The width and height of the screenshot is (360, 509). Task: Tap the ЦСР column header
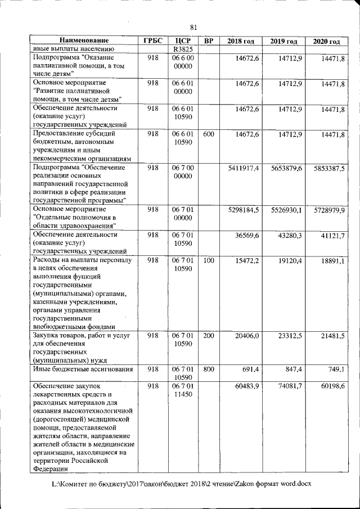[x=183, y=41]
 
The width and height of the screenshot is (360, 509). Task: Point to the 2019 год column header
[x=283, y=41]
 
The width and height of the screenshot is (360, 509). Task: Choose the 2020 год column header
[x=326, y=41]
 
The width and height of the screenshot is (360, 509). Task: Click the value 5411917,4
[x=244, y=168]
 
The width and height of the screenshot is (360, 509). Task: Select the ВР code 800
[x=208, y=370]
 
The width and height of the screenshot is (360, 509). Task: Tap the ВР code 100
[x=208, y=262]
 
